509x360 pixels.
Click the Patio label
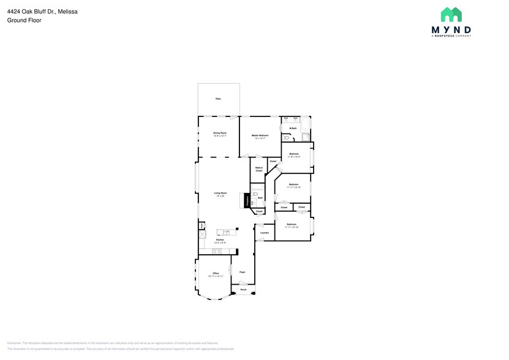click(218, 99)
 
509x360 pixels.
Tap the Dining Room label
click(219, 133)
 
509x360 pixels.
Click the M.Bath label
click(293, 128)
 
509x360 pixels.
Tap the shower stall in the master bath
click(305, 138)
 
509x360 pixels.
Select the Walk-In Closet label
click(258, 169)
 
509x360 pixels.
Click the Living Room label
click(220, 194)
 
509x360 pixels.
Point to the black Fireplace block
click(247, 200)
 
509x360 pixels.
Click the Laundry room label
click(265, 233)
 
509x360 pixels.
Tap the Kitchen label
click(220, 241)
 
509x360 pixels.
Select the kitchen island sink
click(226, 233)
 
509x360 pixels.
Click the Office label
click(216, 274)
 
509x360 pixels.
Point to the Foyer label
click(242, 272)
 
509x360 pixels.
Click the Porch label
click(243, 290)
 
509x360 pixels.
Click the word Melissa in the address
click(67, 12)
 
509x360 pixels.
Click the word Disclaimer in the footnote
click(15, 343)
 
